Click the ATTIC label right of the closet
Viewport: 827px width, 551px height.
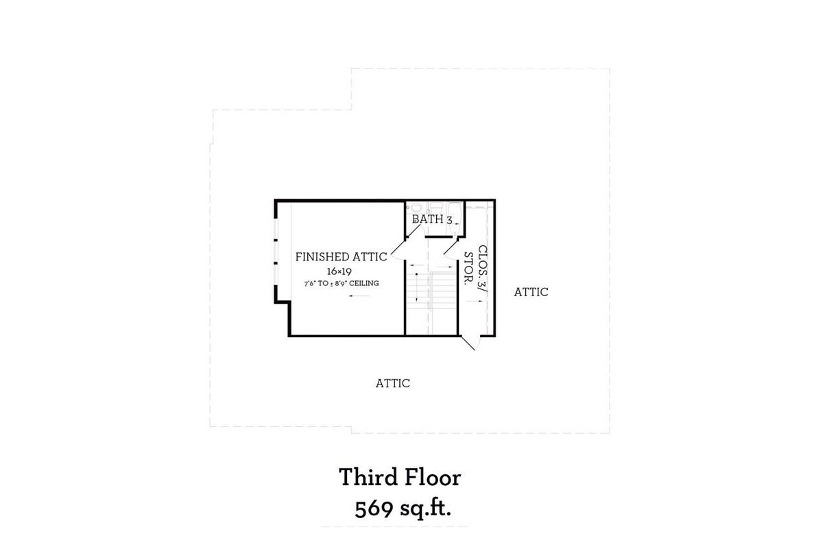pyautogui.click(x=531, y=292)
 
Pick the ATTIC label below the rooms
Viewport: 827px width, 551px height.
pyautogui.click(x=392, y=383)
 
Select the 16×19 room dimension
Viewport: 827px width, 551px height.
pyautogui.click(x=339, y=271)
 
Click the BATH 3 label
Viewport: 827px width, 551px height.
pyautogui.click(x=432, y=220)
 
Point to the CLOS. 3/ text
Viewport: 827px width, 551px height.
pyautogui.click(x=482, y=270)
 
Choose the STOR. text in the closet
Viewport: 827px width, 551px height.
pyautogui.click(x=469, y=269)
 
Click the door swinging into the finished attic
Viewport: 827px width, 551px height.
pyautogui.click(x=398, y=247)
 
